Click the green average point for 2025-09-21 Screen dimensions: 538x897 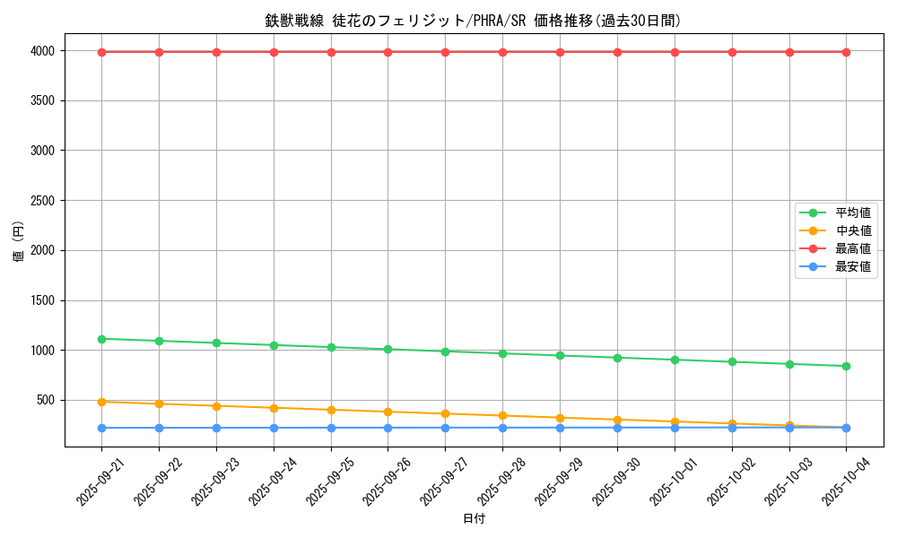point(101,339)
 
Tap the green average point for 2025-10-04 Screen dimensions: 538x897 point(846,366)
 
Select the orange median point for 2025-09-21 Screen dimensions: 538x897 point(101,402)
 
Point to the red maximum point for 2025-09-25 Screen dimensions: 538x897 point(331,52)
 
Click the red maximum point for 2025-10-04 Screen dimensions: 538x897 point(846,52)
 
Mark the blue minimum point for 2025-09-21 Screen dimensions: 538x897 point(101,428)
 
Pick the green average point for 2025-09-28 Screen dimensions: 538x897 point(502,353)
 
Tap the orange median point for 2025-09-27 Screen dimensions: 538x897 point(445,413)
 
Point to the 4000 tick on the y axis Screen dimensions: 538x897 point(41,51)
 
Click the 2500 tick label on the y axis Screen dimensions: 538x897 point(41,201)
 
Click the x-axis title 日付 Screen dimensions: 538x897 point(474,518)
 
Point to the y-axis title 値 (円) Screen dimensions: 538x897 point(19,242)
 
